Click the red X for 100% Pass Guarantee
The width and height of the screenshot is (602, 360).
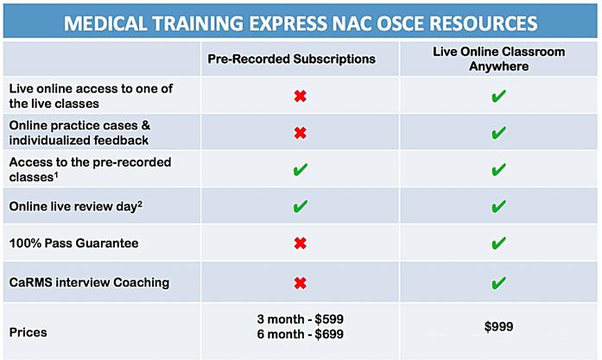coord(301,243)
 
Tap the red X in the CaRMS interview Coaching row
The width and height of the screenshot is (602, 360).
coord(301,283)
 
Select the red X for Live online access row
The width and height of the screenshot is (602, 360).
coord(301,96)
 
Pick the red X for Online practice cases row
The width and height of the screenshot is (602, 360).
coord(301,133)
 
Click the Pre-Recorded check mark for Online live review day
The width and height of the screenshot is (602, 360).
coord(301,206)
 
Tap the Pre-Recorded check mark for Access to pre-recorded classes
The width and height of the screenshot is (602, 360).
coord(301,169)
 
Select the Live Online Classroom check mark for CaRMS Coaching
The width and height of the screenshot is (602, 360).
coord(498,283)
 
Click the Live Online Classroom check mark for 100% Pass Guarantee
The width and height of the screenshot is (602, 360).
coord(498,243)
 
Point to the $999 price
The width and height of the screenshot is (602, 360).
coord(498,326)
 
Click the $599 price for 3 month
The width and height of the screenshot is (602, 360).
coord(329,319)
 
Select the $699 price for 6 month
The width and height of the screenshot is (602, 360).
coord(329,334)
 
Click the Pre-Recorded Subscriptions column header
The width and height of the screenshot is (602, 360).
coord(291,59)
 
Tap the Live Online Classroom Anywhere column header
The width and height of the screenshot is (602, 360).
coord(498,59)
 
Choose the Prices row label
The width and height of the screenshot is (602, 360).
coord(28,332)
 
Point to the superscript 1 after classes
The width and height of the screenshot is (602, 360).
coord(56,174)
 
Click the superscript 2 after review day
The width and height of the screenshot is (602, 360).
coord(140,204)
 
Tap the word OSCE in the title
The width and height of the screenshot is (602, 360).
coord(400,23)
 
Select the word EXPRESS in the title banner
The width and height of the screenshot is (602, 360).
coord(288,23)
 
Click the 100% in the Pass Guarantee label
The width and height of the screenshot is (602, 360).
coord(25,243)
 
